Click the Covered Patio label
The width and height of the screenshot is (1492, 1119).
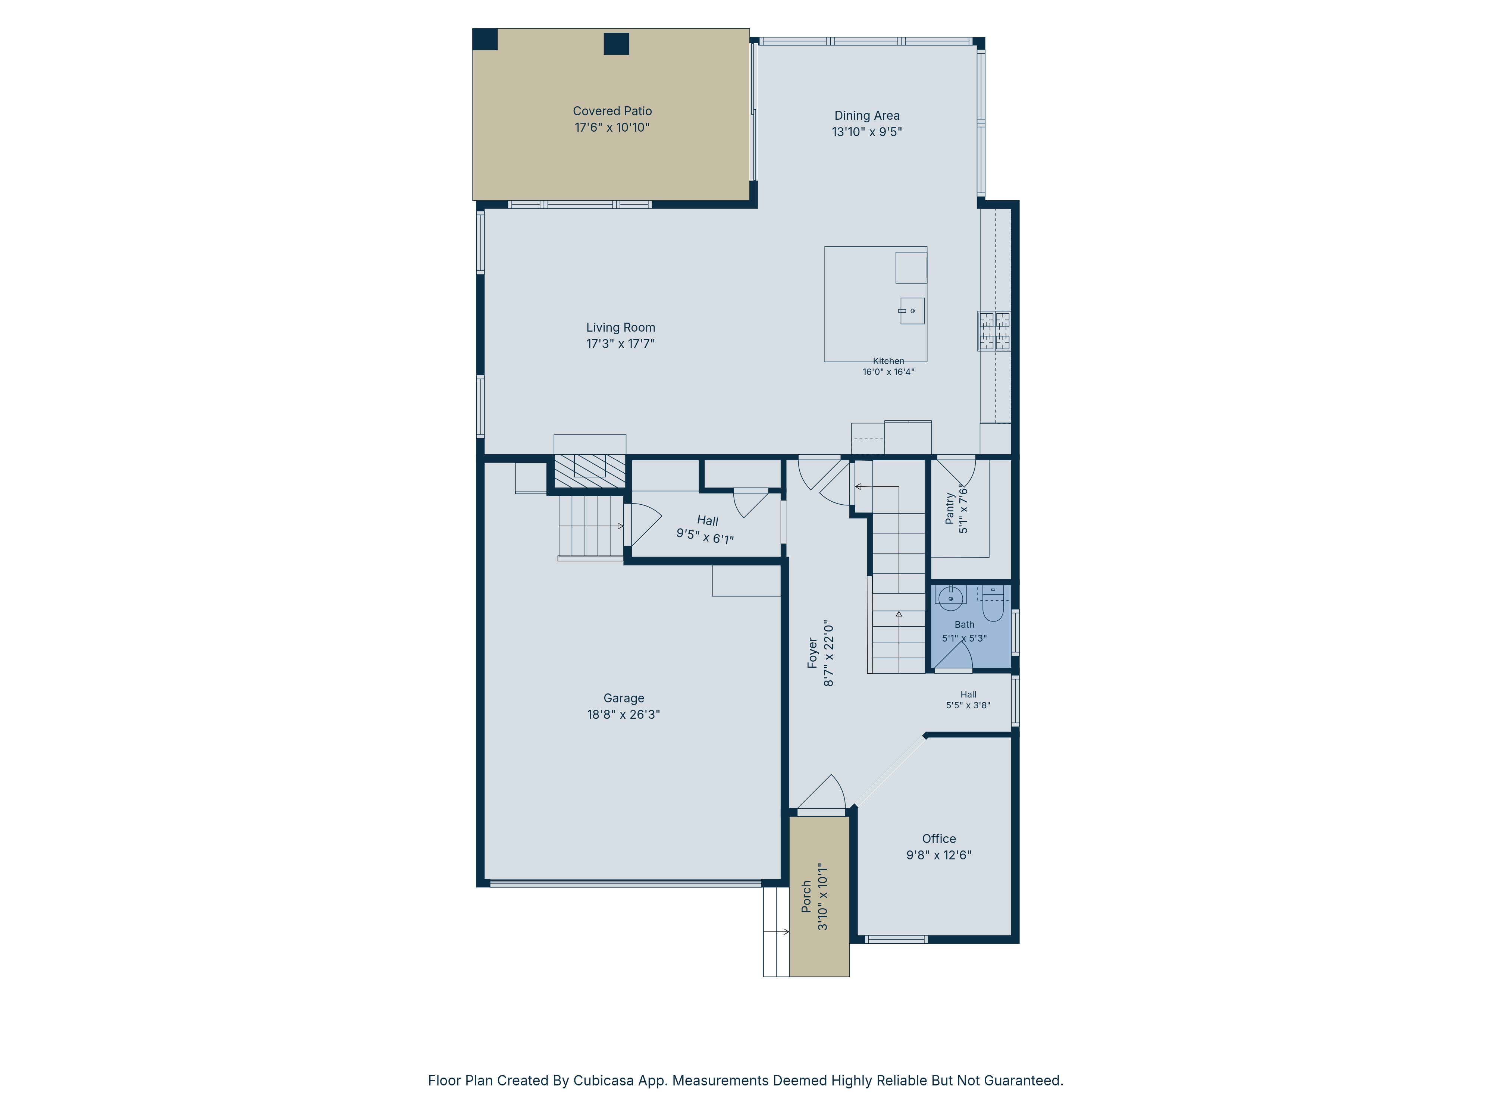click(612, 111)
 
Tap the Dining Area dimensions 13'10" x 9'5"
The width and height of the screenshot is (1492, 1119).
click(867, 132)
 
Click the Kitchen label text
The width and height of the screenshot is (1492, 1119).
click(888, 361)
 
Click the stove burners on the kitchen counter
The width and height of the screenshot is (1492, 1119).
click(994, 330)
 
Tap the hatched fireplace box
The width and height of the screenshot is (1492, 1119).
click(589, 471)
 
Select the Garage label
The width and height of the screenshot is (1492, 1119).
click(623, 698)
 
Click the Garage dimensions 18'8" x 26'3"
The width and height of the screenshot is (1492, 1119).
click(623, 714)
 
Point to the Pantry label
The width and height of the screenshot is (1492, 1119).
click(950, 508)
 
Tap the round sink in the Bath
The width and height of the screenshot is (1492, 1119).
click(950, 598)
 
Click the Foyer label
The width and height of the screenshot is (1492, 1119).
click(813, 653)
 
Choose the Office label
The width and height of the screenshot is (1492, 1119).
click(939, 839)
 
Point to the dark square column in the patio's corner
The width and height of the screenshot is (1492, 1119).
click(485, 39)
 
